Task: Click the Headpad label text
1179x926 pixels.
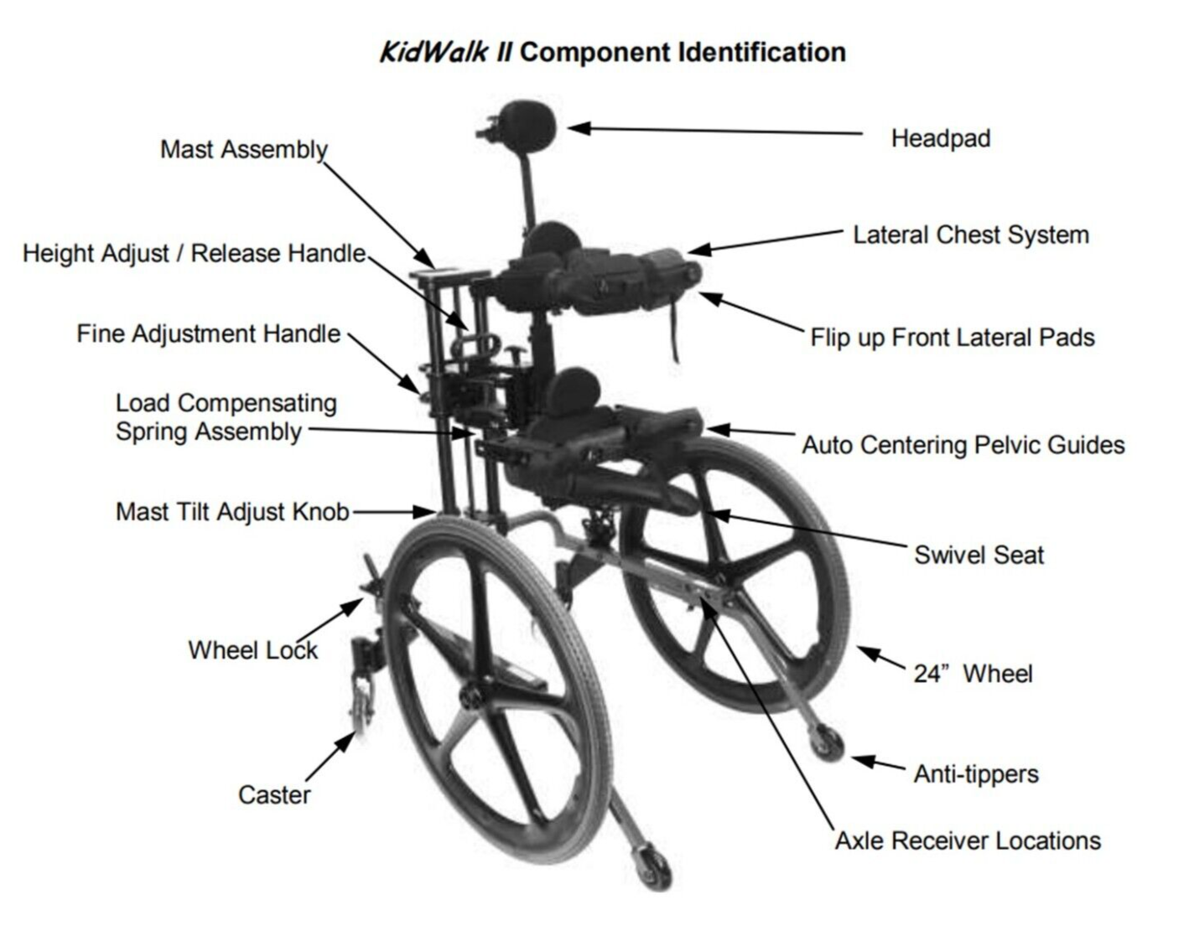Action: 940,138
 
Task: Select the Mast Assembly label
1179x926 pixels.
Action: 243,149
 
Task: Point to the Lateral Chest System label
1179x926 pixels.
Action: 970,235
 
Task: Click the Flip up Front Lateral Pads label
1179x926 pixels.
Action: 952,338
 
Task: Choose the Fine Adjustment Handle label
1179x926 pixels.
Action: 208,334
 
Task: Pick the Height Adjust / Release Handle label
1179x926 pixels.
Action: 194,253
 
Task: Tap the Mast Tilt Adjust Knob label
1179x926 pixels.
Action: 232,511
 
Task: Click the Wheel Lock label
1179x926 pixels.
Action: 252,650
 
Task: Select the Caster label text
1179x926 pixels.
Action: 274,794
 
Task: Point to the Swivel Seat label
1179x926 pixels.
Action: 979,555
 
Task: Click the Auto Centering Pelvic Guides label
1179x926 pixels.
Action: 963,445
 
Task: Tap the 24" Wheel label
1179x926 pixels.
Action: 973,674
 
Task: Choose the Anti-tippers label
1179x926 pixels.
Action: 976,773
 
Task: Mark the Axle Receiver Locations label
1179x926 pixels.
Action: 967,841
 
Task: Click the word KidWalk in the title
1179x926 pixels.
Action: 434,52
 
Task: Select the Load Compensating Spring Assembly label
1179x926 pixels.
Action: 226,417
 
